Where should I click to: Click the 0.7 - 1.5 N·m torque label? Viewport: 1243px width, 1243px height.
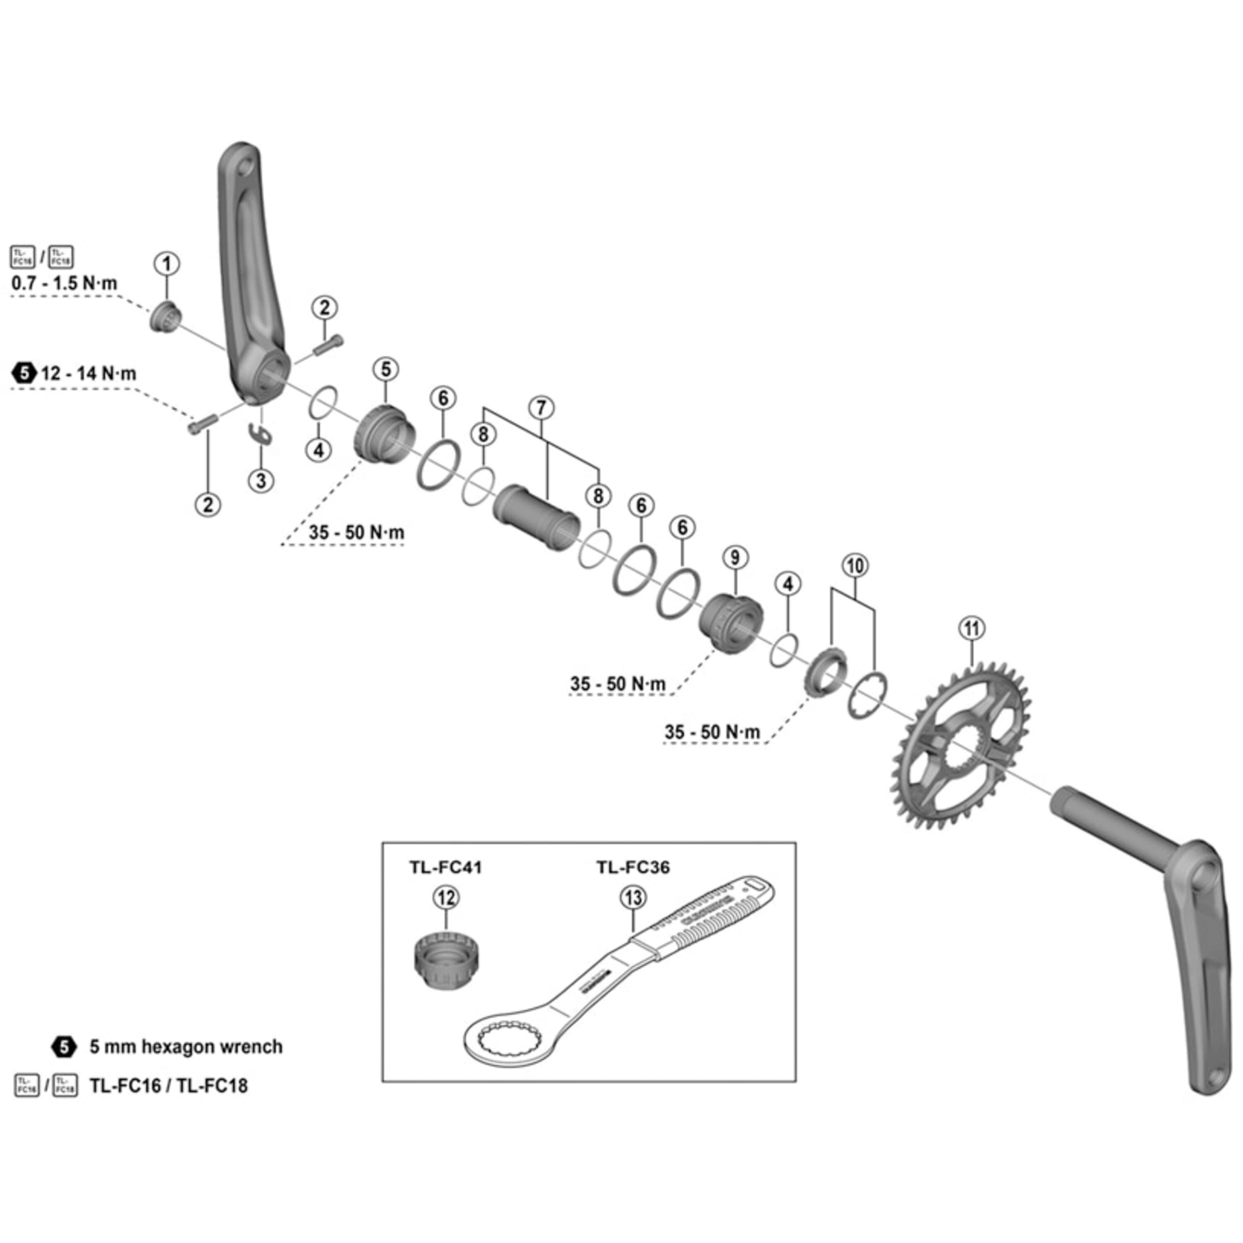click(64, 283)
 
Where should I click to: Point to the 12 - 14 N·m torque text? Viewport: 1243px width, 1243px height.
click(88, 373)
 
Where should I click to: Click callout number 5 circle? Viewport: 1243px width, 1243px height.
click(385, 369)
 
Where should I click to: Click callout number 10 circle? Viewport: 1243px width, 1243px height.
click(854, 566)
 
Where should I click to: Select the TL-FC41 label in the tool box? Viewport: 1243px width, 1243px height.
click(445, 867)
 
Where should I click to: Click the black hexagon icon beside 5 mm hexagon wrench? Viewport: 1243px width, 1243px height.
click(63, 1047)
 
